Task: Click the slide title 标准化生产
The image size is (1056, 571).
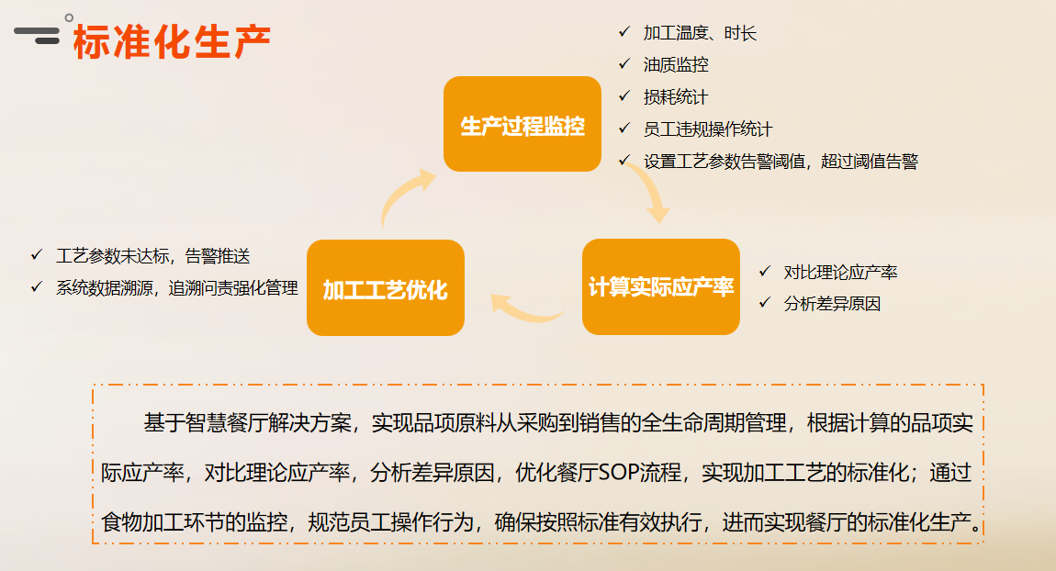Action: pyautogui.click(x=172, y=41)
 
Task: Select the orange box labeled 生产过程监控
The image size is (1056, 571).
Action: pyautogui.click(x=522, y=124)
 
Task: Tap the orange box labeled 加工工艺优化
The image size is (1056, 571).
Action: pyautogui.click(x=386, y=287)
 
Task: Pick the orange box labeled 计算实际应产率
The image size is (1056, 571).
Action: pyautogui.click(x=660, y=286)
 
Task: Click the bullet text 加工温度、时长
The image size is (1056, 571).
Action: pyautogui.click(x=700, y=33)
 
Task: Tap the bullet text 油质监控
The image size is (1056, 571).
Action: pyautogui.click(x=676, y=64)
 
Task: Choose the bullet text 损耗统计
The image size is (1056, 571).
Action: pyautogui.click(x=676, y=97)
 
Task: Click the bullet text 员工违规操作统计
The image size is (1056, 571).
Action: pyautogui.click(x=708, y=129)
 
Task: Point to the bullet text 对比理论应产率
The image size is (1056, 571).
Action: pyautogui.click(x=840, y=272)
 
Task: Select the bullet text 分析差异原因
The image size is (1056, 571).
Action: pyautogui.click(x=833, y=304)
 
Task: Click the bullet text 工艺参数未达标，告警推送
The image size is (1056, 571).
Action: pyautogui.click(x=152, y=256)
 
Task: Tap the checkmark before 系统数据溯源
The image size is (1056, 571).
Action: pyautogui.click(x=37, y=286)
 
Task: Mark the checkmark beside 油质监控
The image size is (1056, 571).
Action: pyautogui.click(x=624, y=63)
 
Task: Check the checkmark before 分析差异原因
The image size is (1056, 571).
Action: pyautogui.click(x=764, y=302)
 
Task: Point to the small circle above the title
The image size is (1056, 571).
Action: pyautogui.click(x=69, y=18)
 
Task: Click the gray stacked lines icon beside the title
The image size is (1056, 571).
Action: pyautogui.click(x=37, y=35)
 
